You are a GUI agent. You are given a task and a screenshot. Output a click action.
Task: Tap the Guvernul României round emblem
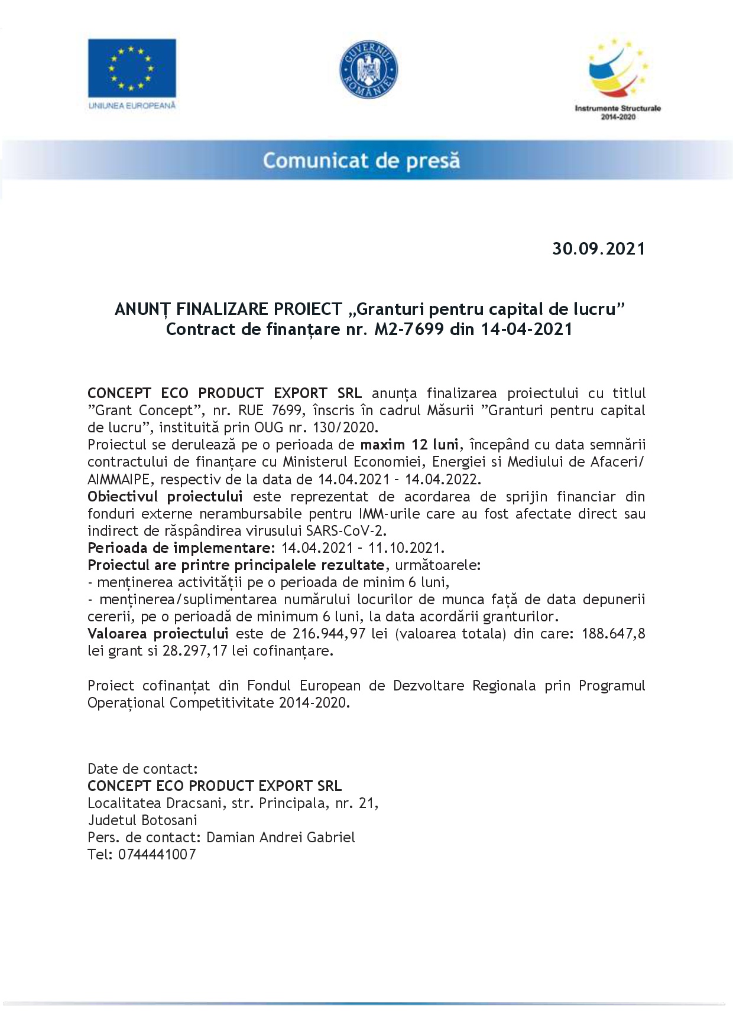click(x=368, y=69)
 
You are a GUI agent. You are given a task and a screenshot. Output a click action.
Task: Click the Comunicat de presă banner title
click(x=361, y=161)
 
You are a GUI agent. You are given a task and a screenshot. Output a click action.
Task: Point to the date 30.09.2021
click(x=598, y=249)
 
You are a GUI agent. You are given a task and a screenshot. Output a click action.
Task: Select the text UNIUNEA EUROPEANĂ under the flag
click(x=132, y=106)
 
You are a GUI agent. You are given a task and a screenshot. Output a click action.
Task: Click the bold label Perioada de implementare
click(x=181, y=548)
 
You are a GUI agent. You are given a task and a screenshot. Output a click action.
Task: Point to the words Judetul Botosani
click(x=142, y=820)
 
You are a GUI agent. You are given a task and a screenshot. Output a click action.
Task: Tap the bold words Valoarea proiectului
click(x=158, y=634)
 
